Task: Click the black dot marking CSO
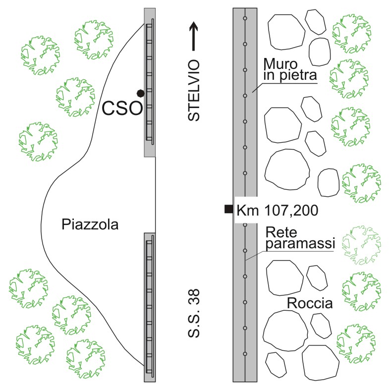pyautogui.click(x=141, y=93)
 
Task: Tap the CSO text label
pyautogui.click(x=122, y=109)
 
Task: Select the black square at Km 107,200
pyautogui.click(x=228, y=209)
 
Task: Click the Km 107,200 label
pyautogui.click(x=278, y=210)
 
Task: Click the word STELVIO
pyautogui.click(x=194, y=90)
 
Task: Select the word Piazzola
pyautogui.click(x=91, y=224)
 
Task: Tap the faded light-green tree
pyautogui.click(x=363, y=244)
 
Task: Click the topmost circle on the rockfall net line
pyautogui.click(x=245, y=18)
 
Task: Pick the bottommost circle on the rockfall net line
pyautogui.click(x=245, y=353)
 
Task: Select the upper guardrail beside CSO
pyautogui.click(x=150, y=82)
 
